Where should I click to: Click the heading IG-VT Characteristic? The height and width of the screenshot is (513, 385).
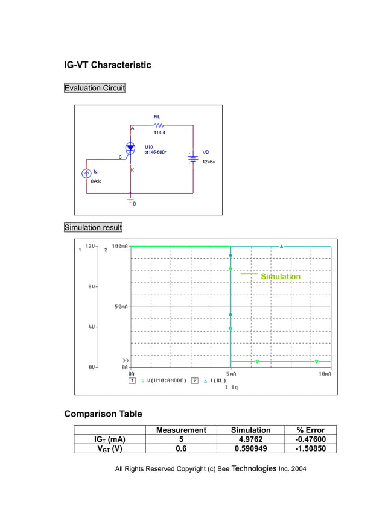[x=107, y=65]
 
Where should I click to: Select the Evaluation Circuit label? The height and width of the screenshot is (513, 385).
[x=95, y=88]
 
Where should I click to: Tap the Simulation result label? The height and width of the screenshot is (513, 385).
[x=93, y=227]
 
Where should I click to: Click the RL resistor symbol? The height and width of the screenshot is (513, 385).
[x=157, y=125]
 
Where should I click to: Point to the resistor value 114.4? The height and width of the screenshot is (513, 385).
[x=159, y=133]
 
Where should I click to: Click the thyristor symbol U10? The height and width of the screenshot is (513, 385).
[x=131, y=148]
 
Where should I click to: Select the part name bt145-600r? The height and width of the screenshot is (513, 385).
[x=155, y=153]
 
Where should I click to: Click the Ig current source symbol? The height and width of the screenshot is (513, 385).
[x=86, y=174]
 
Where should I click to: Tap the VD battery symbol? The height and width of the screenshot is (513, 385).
[x=192, y=159]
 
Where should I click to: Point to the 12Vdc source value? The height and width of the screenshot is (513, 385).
[x=208, y=162]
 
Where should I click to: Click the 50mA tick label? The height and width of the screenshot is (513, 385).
[x=121, y=307]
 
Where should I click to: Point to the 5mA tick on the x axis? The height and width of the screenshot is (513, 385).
[x=231, y=374]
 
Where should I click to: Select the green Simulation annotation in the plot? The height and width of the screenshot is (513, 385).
[x=280, y=277]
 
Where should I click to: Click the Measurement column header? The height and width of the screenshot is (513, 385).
[x=181, y=430]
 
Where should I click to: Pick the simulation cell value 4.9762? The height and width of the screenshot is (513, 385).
[x=250, y=439]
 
